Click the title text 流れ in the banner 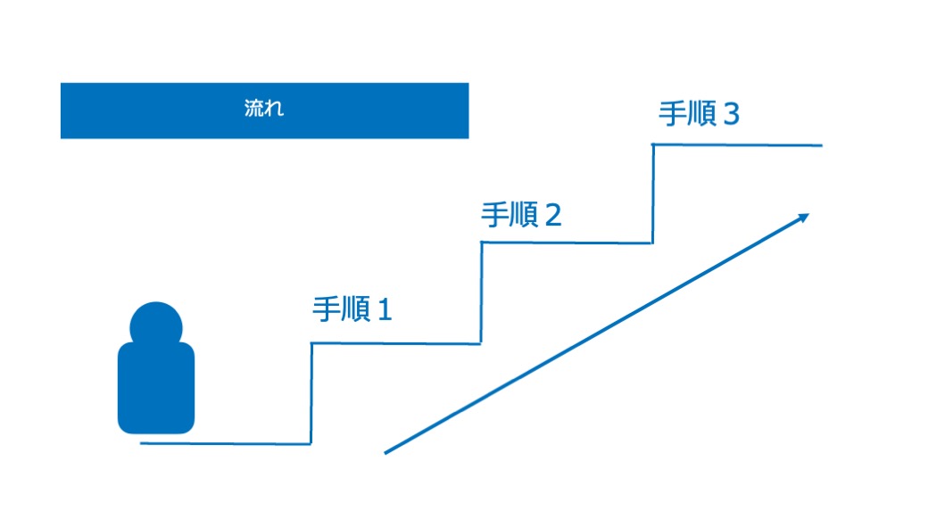point(263,111)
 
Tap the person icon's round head point(157,325)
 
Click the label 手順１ point(352,309)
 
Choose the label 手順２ point(521,215)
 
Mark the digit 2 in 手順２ point(552,216)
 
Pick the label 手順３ point(700,114)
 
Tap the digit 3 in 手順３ point(731,114)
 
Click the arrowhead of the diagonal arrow point(804,217)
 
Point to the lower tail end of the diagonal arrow point(387,452)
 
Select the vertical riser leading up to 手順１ point(311,392)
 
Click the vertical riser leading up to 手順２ point(482,292)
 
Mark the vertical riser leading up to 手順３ point(653,193)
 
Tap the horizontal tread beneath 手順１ point(396,343)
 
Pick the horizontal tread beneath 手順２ point(568,243)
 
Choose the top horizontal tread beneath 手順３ point(738,144)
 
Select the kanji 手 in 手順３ point(672,114)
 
